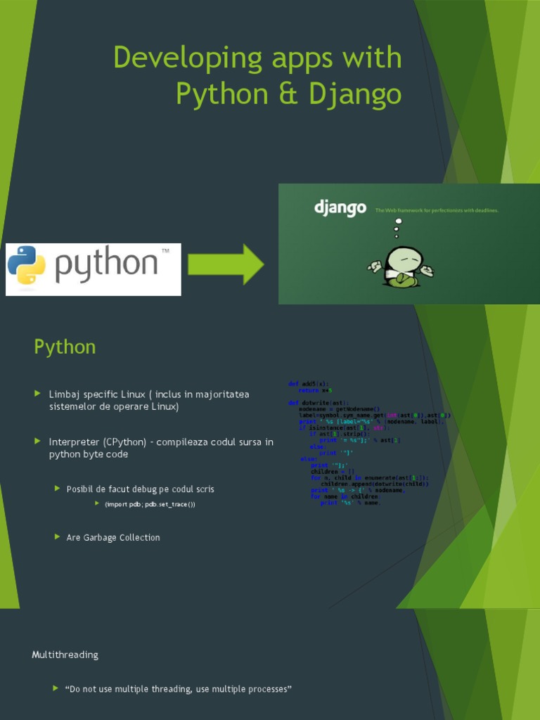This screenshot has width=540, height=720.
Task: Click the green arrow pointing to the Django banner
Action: [x=226, y=264]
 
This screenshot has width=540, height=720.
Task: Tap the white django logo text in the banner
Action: [x=340, y=208]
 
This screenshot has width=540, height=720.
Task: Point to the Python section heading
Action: [x=65, y=347]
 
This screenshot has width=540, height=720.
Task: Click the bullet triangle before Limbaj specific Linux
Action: [x=38, y=394]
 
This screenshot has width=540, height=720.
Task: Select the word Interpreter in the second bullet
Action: [x=75, y=442]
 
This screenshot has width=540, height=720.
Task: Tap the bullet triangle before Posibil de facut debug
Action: [x=58, y=488]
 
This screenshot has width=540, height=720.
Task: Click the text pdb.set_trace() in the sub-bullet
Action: [x=169, y=505]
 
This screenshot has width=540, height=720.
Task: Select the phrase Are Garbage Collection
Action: [x=113, y=538]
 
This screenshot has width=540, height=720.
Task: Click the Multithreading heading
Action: [x=65, y=655]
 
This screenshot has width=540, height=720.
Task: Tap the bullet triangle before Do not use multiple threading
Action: [x=56, y=688]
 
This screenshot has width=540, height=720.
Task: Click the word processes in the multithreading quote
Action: [x=265, y=689]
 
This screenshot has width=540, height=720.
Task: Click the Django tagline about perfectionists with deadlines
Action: [x=437, y=210]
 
